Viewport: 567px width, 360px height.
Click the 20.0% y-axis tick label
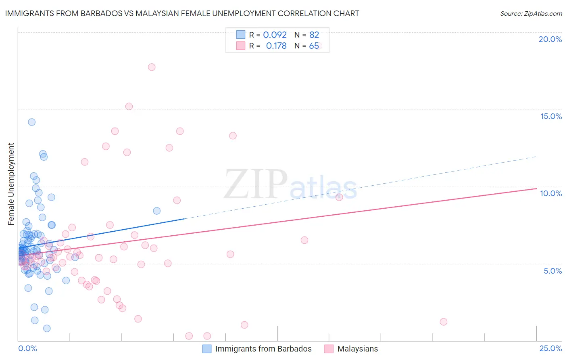(550, 39)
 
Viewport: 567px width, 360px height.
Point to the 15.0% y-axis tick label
(551, 116)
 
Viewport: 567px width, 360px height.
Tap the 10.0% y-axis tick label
(551, 193)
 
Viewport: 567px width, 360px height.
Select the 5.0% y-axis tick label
(552, 271)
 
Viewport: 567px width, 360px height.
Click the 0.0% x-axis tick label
(27, 348)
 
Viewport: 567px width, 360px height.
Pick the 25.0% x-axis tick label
(550, 348)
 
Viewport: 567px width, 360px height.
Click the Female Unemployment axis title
(11, 184)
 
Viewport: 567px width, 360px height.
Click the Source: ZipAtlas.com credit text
(531, 13)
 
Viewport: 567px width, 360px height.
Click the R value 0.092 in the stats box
(275, 35)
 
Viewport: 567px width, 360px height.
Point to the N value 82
(314, 35)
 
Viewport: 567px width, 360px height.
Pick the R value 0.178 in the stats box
(276, 46)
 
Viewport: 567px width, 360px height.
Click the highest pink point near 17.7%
(152, 67)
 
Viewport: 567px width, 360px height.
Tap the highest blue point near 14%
(31, 122)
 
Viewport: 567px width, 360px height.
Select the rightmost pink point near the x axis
(444, 322)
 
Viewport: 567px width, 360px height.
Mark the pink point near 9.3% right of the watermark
(339, 197)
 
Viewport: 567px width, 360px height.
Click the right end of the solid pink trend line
(536, 188)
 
